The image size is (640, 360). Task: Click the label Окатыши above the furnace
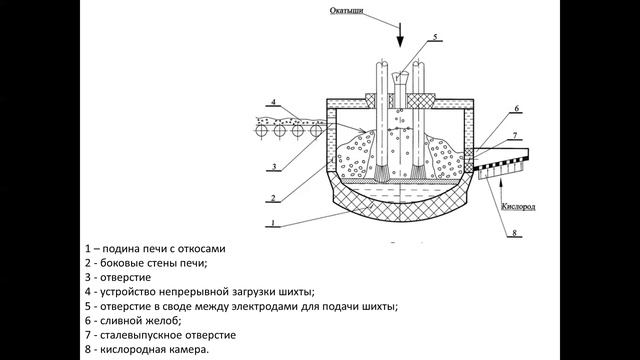pos(347,10)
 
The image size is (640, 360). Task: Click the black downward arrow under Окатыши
pos(400,35)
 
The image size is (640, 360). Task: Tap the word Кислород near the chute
pos(518,207)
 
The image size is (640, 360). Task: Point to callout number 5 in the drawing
pos(435,37)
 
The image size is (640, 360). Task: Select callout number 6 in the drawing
pos(516,109)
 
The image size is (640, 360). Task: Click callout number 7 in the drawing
pos(515,135)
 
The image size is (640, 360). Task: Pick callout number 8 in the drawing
pos(514,233)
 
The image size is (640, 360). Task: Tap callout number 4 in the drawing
pos(273,102)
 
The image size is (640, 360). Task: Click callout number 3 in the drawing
pos(274,166)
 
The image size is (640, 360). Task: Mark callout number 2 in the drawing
pos(273,198)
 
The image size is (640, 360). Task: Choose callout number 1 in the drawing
pos(273,223)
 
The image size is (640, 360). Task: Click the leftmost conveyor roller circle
pos(261,131)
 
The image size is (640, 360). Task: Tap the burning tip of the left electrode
pos(382,173)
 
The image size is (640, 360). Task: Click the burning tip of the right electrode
pos(418,172)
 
